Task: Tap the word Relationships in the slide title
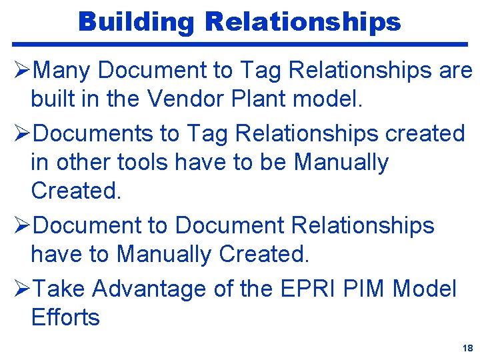tap(303, 21)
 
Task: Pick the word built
tap(51, 99)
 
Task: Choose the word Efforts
tap(65, 317)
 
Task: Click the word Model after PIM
tap(425, 289)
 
